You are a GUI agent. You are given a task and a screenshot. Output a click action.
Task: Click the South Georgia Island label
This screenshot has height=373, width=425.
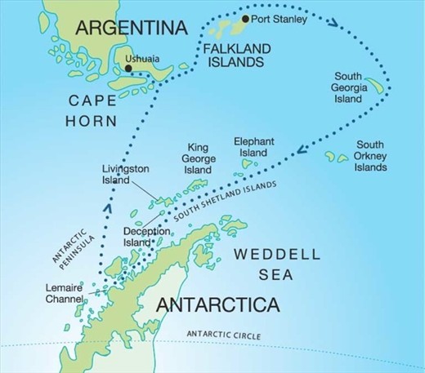pyautogui.click(x=347, y=88)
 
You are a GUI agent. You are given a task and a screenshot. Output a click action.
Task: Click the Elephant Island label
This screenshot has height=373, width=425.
pyautogui.click(x=253, y=147)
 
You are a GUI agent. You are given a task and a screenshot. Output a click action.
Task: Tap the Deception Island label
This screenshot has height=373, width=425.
pyautogui.click(x=147, y=237)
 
